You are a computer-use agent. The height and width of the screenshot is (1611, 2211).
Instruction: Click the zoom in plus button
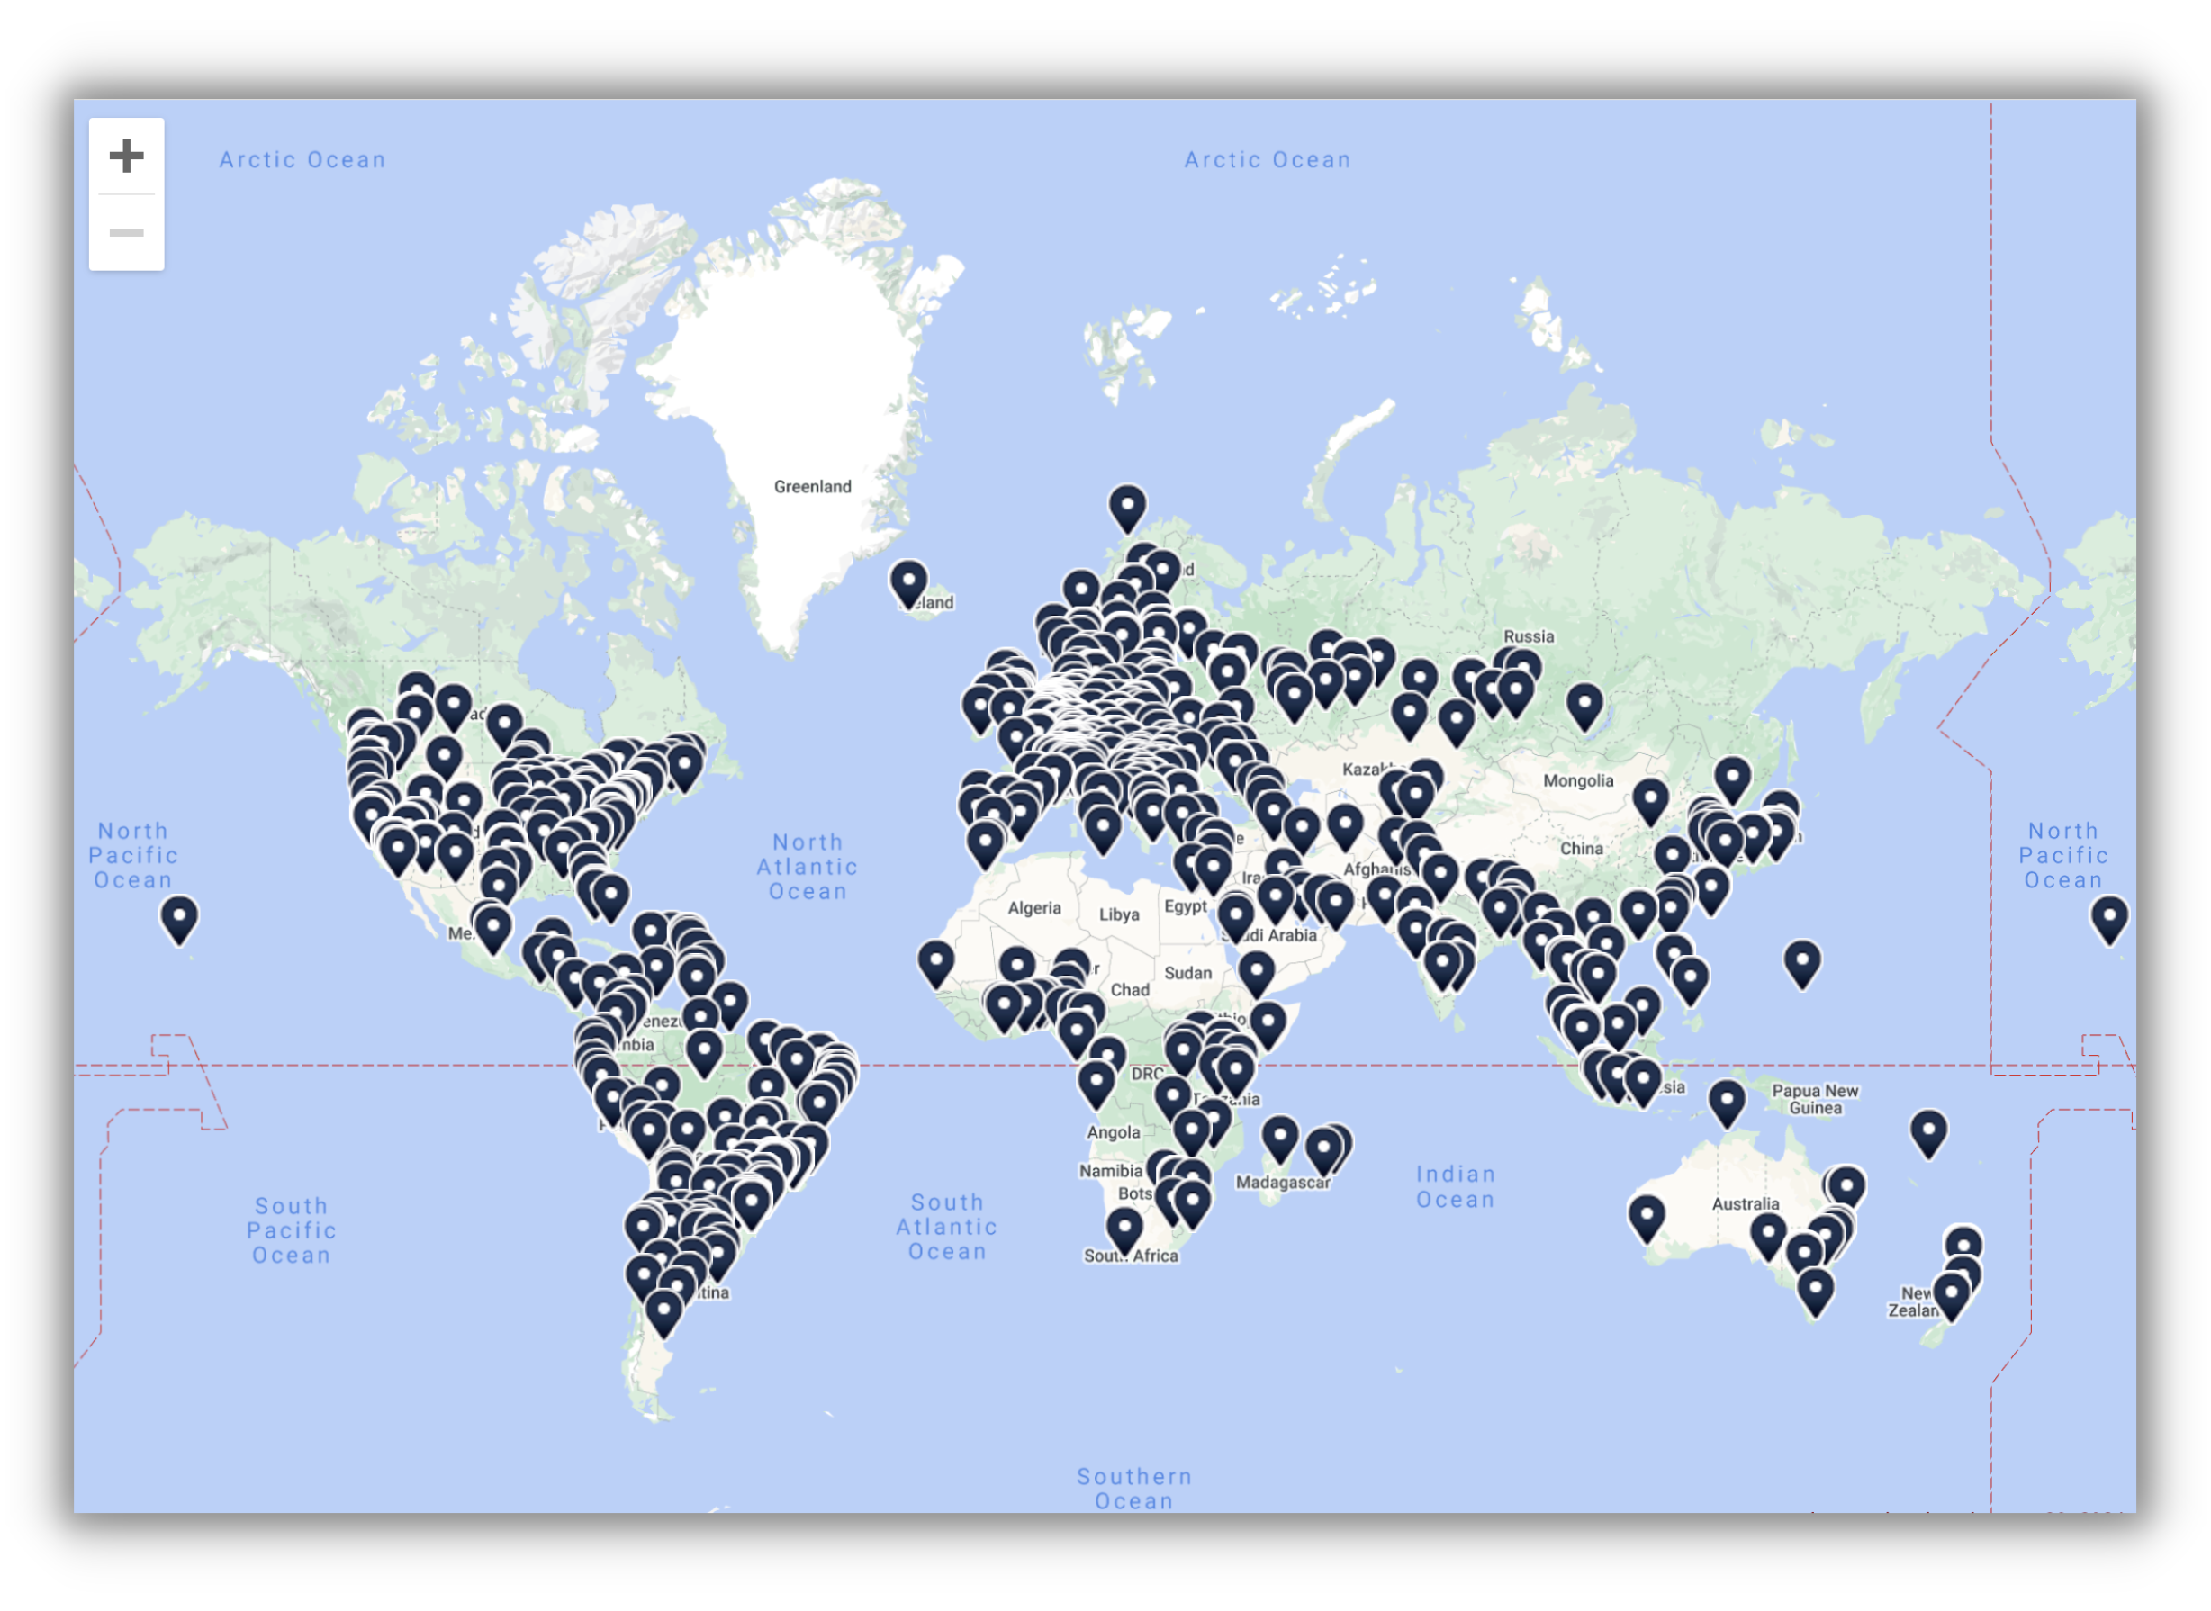(x=126, y=156)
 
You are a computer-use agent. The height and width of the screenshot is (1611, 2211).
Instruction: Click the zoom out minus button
(x=126, y=233)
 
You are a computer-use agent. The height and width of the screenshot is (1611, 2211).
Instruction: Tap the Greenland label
(x=812, y=487)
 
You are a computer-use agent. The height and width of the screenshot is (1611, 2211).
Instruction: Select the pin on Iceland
(x=908, y=582)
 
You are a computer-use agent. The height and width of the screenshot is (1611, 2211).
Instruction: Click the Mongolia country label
(x=1578, y=781)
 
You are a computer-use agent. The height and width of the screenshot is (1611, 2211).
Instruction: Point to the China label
(x=1581, y=849)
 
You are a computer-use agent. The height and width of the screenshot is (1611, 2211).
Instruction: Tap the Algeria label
(x=1033, y=908)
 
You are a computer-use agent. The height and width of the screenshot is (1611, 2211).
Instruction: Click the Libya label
(x=1119, y=914)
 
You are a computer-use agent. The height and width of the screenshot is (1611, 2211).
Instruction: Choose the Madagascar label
(x=1283, y=1183)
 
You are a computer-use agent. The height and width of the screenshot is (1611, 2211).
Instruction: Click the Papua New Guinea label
(x=1815, y=1099)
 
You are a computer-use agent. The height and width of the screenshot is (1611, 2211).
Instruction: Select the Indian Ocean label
(x=1455, y=1187)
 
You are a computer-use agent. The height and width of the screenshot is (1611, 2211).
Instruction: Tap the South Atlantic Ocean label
(x=947, y=1227)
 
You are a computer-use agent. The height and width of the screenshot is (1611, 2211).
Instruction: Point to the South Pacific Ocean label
(x=292, y=1230)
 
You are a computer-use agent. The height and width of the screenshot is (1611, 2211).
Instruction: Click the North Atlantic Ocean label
(x=808, y=867)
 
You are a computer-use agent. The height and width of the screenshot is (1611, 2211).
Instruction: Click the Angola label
(x=1113, y=1132)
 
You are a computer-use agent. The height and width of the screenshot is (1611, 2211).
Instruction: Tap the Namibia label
(x=1110, y=1171)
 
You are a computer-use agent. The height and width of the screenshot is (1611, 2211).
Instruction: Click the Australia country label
(x=1746, y=1204)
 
